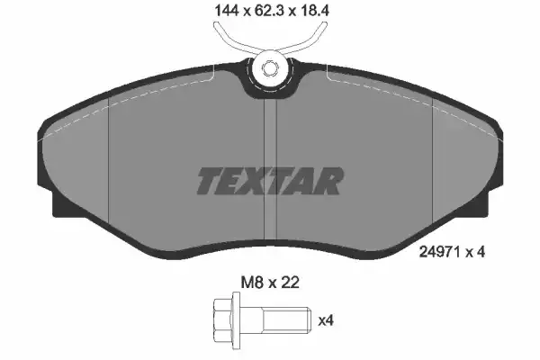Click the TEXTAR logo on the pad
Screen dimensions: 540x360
pyautogui.click(x=270, y=181)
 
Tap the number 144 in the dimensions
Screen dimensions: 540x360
pyautogui.click(x=227, y=11)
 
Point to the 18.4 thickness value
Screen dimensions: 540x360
pyautogui.click(x=314, y=11)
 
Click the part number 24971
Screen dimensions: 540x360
pyautogui.click(x=440, y=252)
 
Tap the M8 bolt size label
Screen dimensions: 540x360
pyautogui.click(x=252, y=283)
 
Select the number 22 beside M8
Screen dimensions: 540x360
pyautogui.click(x=289, y=283)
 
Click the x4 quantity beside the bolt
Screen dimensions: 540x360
pyautogui.click(x=326, y=320)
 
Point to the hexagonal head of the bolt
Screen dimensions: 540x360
pyautogui.click(x=222, y=320)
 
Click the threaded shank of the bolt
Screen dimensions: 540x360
pyautogui.click(x=275, y=320)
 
